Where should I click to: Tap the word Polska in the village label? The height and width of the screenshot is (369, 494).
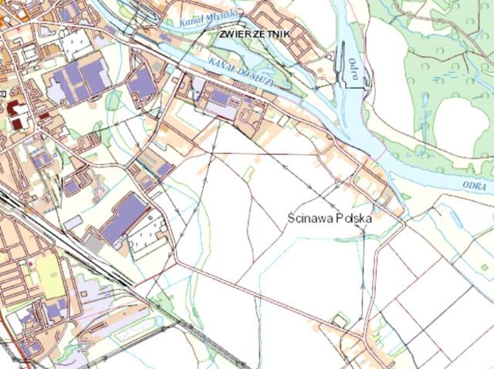pyautogui.click(x=354, y=218)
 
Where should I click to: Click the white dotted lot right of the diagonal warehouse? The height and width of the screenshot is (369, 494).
pyautogui.click(x=148, y=236)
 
